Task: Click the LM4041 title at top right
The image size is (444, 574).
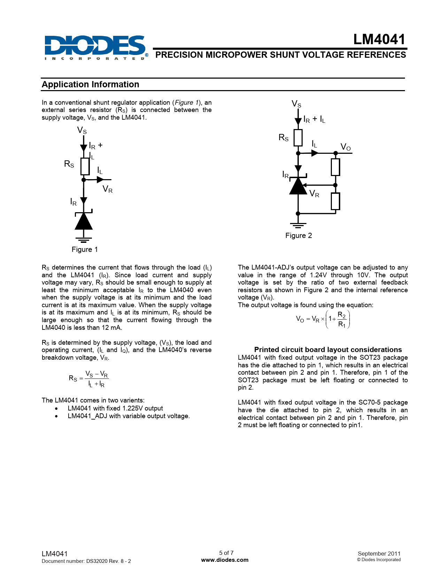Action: pos(379,40)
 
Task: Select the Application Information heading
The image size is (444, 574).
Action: pos(91,85)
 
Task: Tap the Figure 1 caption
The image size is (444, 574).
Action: pos(85,249)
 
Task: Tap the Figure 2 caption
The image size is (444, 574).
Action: pos(298,236)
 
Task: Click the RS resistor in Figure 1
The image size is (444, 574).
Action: pos(85,166)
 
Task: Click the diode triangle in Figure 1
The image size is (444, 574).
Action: pos(84,221)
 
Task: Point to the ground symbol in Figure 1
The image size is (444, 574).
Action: pos(84,240)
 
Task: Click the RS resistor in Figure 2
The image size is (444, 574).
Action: pos(298,138)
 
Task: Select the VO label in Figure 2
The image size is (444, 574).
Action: pos(345,147)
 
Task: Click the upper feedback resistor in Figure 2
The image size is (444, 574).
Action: pos(335,167)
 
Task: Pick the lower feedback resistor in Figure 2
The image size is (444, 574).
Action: pos(335,201)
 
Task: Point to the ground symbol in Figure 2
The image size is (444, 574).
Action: pos(298,225)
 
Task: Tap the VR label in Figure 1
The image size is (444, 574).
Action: pos(107,189)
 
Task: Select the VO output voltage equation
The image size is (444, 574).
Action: pos(322,319)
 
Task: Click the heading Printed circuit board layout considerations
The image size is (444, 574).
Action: pos(328,350)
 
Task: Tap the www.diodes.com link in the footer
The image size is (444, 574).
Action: pos(225,560)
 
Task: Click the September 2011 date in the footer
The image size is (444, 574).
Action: pos(379,553)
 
